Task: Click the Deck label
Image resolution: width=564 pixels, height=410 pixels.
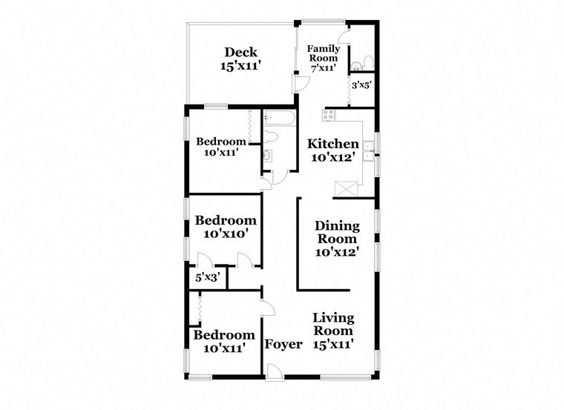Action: (241, 52)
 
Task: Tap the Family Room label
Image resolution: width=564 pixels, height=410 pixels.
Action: (323, 53)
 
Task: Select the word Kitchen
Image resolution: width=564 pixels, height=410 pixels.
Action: (334, 144)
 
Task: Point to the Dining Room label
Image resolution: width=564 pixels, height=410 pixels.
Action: (337, 232)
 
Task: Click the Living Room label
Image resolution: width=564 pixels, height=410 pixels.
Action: (333, 324)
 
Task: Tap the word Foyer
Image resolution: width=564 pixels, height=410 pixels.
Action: (283, 344)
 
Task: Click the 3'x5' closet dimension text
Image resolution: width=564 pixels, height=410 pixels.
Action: (361, 85)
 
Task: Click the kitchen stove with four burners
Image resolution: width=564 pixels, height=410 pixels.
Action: (329, 115)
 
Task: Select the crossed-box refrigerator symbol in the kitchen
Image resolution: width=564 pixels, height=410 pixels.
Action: (346, 188)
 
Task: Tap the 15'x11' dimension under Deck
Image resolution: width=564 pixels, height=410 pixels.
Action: (241, 66)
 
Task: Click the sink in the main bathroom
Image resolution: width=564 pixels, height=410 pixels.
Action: (267, 156)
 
